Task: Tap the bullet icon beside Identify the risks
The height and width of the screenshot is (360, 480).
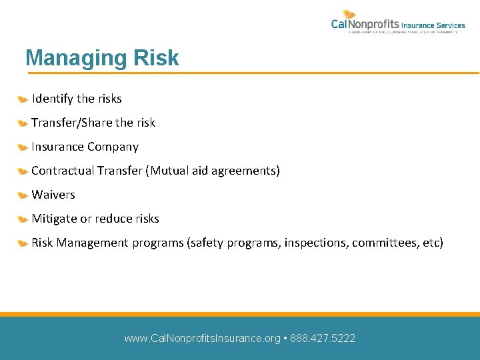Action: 23,99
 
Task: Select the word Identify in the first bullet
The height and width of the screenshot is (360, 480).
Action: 52,99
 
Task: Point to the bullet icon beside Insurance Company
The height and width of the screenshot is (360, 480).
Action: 23,147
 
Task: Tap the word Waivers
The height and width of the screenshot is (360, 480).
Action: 53,195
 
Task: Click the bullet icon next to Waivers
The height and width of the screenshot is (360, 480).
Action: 23,195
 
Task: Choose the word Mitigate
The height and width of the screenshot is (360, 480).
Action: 55,219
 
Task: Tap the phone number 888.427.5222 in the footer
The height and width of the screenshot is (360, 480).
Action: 323,339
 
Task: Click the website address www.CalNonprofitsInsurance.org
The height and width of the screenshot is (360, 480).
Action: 202,339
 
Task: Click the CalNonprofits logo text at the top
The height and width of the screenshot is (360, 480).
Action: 365,25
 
